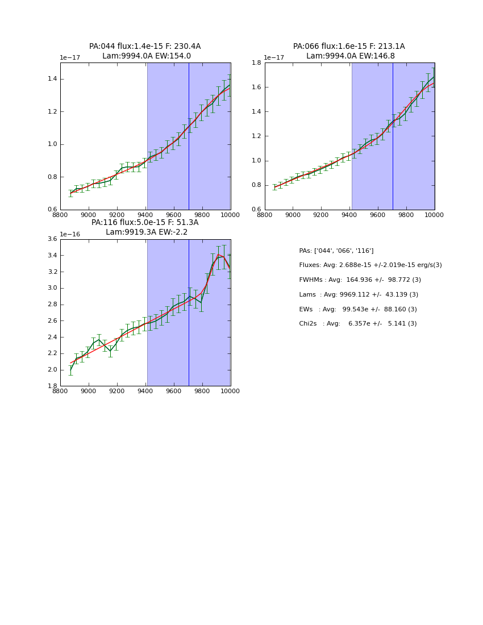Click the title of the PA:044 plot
145,51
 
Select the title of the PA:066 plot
349,51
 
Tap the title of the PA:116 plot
145,227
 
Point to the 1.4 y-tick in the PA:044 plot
52,78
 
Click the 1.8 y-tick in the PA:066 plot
257,63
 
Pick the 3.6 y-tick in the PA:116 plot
52,239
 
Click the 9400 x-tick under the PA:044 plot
145,215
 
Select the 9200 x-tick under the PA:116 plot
117,391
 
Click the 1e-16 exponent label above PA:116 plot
70,234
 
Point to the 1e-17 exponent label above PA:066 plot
274,57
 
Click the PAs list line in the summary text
336,251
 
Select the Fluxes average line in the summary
370,265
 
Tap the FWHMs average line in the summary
360,280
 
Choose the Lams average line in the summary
359,295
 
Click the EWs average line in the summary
357,310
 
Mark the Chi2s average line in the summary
357,324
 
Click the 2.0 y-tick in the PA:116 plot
52,370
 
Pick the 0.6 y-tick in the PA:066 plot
257,210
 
